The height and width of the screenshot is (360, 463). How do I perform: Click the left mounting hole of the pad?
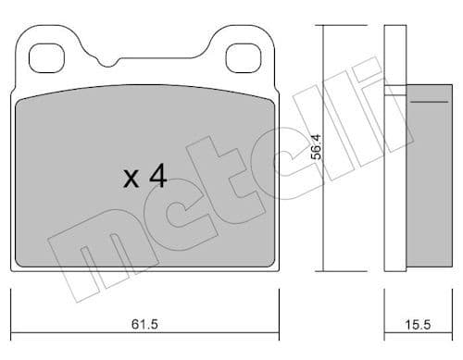click(48, 59)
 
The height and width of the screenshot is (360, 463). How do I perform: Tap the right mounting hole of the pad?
click(245, 59)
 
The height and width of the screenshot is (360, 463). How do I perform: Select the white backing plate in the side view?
click(394, 148)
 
